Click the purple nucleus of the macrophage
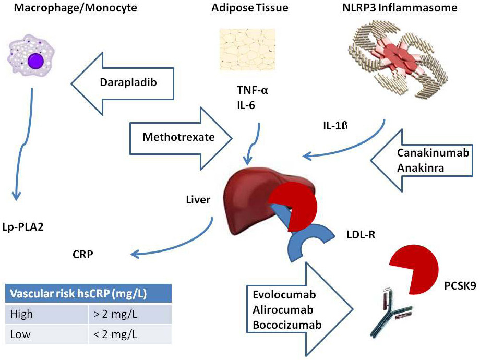tap(36, 59)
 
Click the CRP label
tap(84, 256)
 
